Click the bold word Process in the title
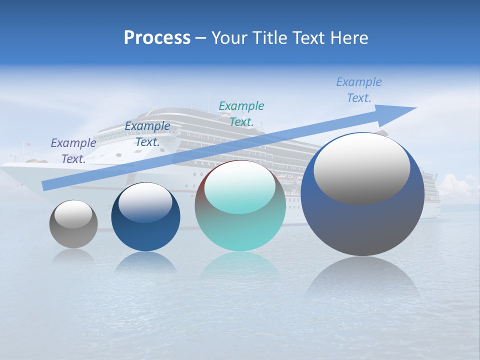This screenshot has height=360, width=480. point(157,38)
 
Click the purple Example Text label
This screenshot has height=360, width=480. point(73,151)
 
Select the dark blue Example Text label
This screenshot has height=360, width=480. point(147,134)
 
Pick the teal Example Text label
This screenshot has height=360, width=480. point(241,113)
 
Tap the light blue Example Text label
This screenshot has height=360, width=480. point(359,90)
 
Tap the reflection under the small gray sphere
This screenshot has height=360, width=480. point(73,256)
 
